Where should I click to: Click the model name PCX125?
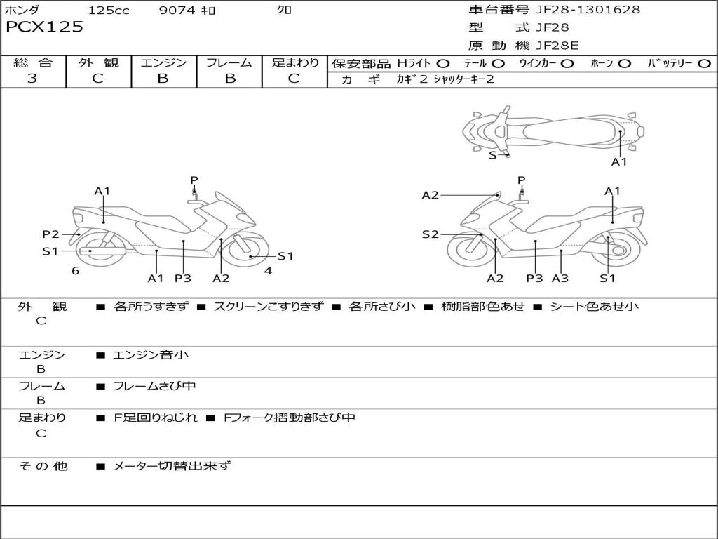tap(44, 27)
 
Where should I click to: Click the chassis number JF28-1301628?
tap(588, 9)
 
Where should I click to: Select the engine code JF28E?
tap(557, 46)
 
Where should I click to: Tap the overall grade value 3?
tap(32, 78)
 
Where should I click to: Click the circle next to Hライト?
tap(443, 64)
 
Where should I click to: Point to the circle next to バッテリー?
tap(704, 64)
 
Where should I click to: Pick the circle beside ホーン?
tap(624, 64)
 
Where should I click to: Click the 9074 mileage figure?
tap(177, 10)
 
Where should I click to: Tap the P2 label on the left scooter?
tap(50, 234)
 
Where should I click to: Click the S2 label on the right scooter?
tap(430, 234)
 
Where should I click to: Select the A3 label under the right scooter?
tap(560, 278)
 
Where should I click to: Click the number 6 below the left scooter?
tap(75, 271)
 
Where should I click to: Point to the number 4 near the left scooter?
tap(268, 271)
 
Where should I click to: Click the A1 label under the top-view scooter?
tap(619, 162)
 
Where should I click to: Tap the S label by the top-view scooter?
tap(493, 155)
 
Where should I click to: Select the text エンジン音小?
tap(151, 354)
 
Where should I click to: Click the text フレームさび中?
tap(154, 386)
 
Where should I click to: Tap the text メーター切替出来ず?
tap(172, 466)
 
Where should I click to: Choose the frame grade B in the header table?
tap(230, 79)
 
